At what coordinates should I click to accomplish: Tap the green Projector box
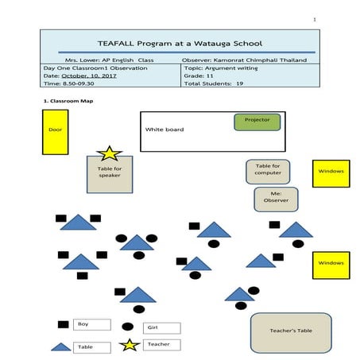(257, 121)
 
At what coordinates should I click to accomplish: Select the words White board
(161, 129)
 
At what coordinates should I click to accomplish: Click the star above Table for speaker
(108, 153)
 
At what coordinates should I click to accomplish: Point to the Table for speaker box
(109, 173)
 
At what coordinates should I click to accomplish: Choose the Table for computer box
(267, 170)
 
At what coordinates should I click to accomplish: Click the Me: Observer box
(276, 198)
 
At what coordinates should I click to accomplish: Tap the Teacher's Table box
(290, 332)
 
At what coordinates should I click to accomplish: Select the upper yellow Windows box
(331, 172)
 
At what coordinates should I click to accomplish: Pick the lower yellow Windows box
(331, 264)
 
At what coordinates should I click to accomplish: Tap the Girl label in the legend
(161, 327)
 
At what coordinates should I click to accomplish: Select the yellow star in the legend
(129, 345)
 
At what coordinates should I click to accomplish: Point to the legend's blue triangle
(61, 346)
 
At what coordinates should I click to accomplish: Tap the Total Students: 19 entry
(214, 83)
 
